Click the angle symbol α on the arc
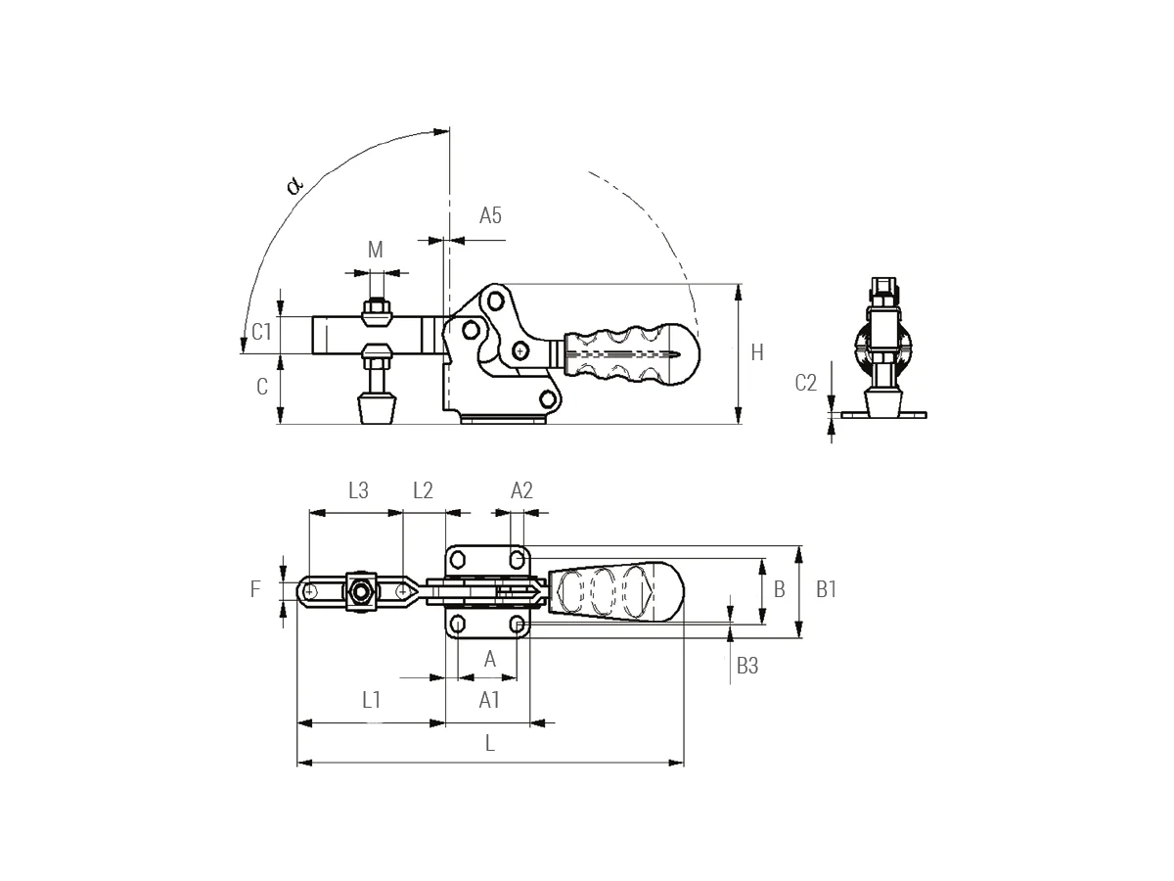point(295,183)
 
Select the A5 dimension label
point(490,216)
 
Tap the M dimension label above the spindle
point(375,251)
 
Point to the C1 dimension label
point(261,332)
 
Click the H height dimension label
point(757,353)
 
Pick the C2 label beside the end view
point(805,383)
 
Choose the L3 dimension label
point(358,491)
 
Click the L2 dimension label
point(423,491)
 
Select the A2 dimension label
point(521,491)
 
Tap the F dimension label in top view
point(255,589)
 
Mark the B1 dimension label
point(827,589)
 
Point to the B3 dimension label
point(747,666)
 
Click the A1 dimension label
point(489,699)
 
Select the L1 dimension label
point(371,699)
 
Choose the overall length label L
point(490,743)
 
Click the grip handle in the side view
point(626,353)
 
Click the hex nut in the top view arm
point(361,591)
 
